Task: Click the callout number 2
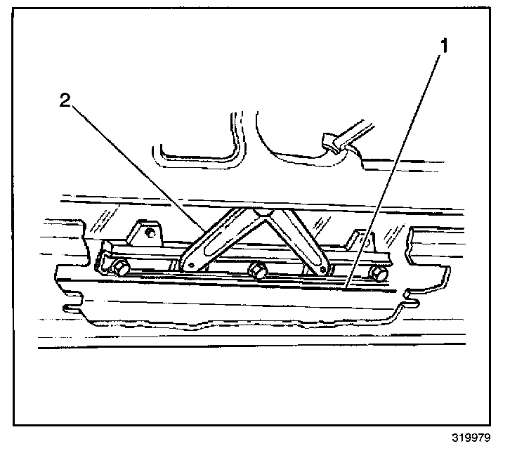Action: coord(65,100)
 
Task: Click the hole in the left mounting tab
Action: coord(149,231)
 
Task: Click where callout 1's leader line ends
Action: coord(346,287)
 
